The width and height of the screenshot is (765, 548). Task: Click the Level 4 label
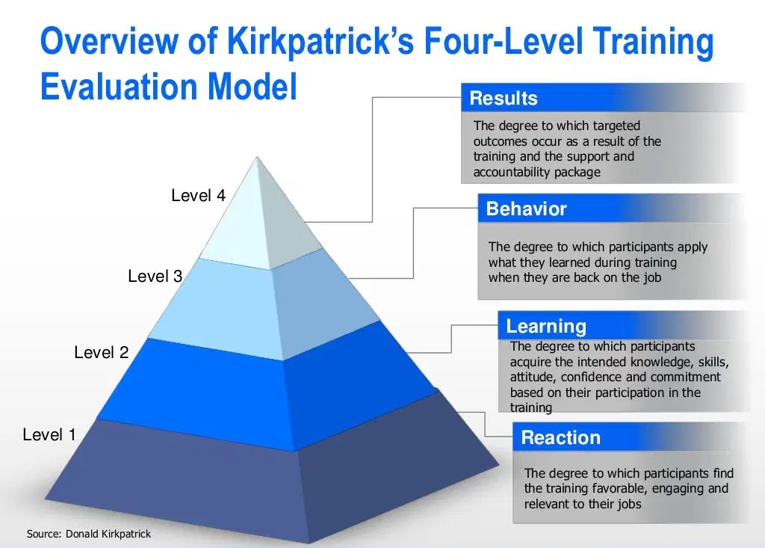coord(198,195)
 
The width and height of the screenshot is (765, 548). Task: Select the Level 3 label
coord(155,276)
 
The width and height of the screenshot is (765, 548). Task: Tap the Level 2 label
coord(101,352)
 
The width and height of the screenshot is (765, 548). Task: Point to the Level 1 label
coord(49,434)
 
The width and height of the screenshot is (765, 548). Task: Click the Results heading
coord(504,98)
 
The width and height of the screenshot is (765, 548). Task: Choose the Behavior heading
coord(527,209)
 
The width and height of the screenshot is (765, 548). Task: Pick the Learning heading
coord(546,326)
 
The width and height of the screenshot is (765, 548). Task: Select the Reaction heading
coord(560,437)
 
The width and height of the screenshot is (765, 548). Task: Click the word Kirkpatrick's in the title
coord(320,41)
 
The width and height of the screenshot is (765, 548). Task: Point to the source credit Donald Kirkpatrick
coord(108,534)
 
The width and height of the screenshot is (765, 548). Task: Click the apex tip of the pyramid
coord(257,157)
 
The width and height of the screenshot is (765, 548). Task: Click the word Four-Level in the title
coord(504,41)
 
